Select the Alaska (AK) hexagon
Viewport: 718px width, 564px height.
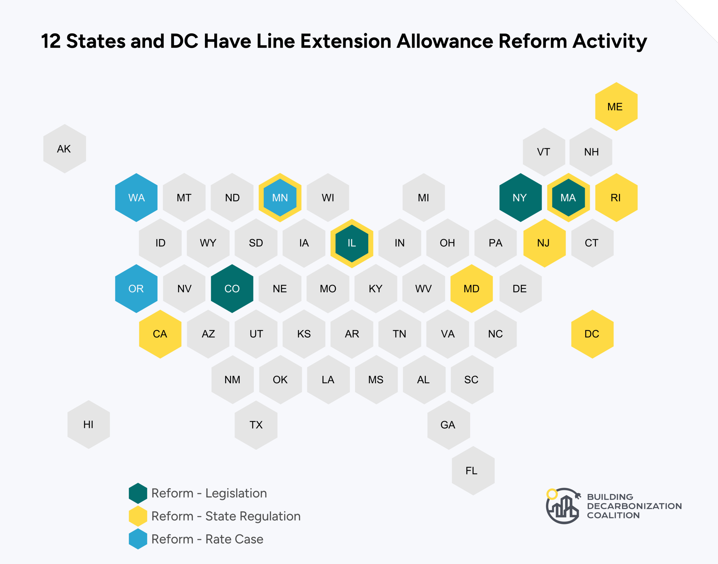65,149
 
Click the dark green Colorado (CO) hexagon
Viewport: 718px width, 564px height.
232,289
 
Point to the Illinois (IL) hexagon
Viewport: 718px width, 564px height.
352,243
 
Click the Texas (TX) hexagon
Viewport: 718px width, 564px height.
256,425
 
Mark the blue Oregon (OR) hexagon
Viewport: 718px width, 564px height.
136,289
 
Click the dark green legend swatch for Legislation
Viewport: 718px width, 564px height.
138,493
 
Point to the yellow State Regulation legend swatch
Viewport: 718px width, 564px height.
138,516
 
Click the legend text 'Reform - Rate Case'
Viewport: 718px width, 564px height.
207,539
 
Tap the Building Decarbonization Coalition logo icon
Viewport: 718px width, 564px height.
562,506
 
